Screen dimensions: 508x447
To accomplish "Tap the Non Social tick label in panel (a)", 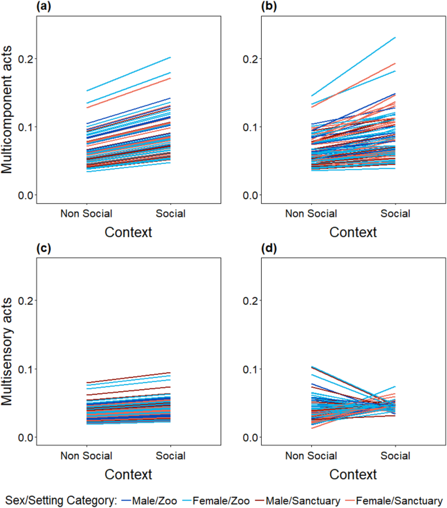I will [87, 214].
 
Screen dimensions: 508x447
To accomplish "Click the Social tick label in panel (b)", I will [395, 214].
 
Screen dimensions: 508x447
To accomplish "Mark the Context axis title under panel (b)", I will [352, 232].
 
